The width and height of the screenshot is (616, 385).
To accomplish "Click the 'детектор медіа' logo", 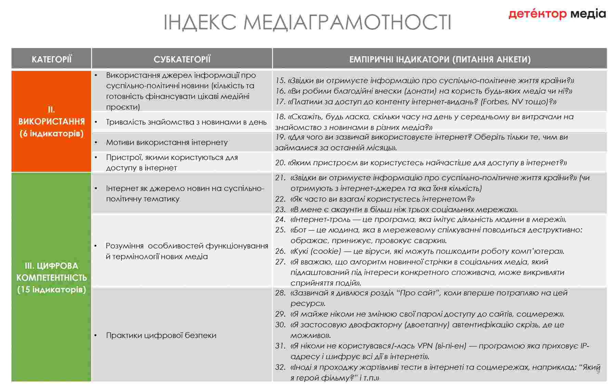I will click(x=557, y=14).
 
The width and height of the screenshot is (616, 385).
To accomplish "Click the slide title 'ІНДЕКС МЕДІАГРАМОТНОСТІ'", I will click(x=307, y=22).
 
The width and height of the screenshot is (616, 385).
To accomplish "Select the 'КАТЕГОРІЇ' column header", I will click(x=51, y=59).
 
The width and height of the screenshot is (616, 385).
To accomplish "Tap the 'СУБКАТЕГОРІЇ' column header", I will click(x=182, y=59).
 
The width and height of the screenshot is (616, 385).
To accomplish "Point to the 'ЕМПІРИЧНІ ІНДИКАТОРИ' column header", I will click(x=439, y=59).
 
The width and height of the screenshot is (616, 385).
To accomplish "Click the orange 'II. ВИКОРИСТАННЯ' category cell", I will click(x=51, y=121).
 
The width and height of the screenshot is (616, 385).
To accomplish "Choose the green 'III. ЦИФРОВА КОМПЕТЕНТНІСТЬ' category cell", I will click(x=51, y=277).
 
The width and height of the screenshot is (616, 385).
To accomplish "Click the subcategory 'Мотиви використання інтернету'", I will click(x=167, y=142).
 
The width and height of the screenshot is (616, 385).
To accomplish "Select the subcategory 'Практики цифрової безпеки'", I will click(x=161, y=335).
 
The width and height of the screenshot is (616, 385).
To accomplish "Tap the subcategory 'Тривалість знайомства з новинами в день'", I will click(x=186, y=122).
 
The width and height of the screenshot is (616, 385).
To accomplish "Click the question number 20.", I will click(x=280, y=163).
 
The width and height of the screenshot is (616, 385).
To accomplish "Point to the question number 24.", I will click(x=280, y=219).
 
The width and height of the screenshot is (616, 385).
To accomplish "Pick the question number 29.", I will click(x=280, y=314).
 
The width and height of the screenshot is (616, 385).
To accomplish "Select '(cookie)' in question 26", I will click(x=326, y=251).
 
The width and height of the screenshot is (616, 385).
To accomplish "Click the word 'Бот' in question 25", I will click(x=298, y=230).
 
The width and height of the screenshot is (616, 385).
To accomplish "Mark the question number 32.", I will click(x=280, y=367).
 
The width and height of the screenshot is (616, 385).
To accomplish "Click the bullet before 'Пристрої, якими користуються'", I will click(x=96, y=157).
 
